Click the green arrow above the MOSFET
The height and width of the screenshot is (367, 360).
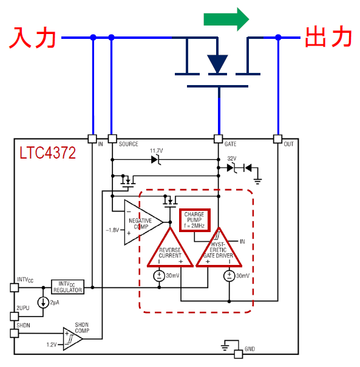pyautogui.click(x=226, y=19)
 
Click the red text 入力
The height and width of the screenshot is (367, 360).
pyautogui.click(x=33, y=38)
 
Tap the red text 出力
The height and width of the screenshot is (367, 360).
pyautogui.click(x=328, y=36)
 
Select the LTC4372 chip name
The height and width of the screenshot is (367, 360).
pyautogui.click(x=47, y=153)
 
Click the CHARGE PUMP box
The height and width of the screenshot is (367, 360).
pyautogui.click(x=195, y=220)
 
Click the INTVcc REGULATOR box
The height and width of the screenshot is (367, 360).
pyautogui.click(x=67, y=287)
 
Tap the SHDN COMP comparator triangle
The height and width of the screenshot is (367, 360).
pyautogui.click(x=72, y=338)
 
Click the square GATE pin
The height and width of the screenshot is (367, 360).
pyautogui.click(x=218, y=139)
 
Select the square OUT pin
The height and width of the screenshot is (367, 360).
pyautogui.click(x=277, y=139)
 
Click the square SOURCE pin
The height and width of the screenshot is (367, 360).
pyautogui.click(x=112, y=139)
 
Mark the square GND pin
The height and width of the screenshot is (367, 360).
pyautogui.click(x=239, y=354)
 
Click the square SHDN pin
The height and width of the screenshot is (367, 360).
pyautogui.click(x=15, y=333)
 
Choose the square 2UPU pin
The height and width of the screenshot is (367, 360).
pyautogui.click(x=15, y=317)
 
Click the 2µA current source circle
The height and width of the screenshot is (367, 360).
pyautogui.click(x=43, y=303)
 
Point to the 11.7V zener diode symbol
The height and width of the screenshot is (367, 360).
pyautogui.click(x=156, y=160)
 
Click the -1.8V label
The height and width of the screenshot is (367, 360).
pyautogui.click(x=112, y=230)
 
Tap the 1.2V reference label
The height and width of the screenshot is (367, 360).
pyautogui.click(x=52, y=345)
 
